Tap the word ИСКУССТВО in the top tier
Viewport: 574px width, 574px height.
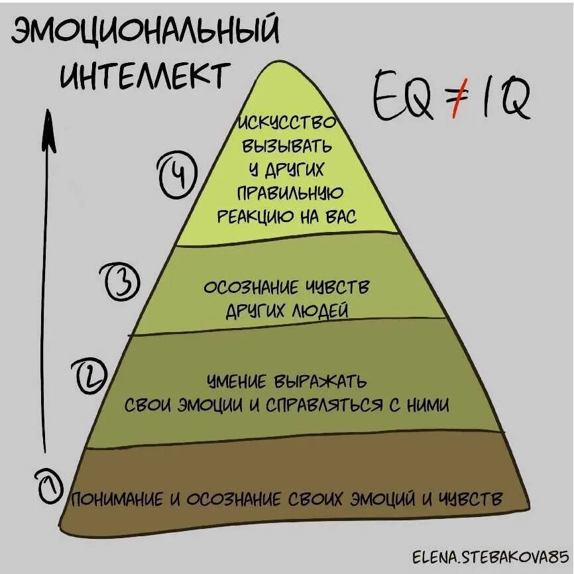(x=288, y=123)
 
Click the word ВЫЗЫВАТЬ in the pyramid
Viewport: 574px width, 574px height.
(x=288, y=146)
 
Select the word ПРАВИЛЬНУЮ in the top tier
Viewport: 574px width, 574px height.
(x=289, y=193)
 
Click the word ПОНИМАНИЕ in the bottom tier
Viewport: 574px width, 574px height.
(x=116, y=499)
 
